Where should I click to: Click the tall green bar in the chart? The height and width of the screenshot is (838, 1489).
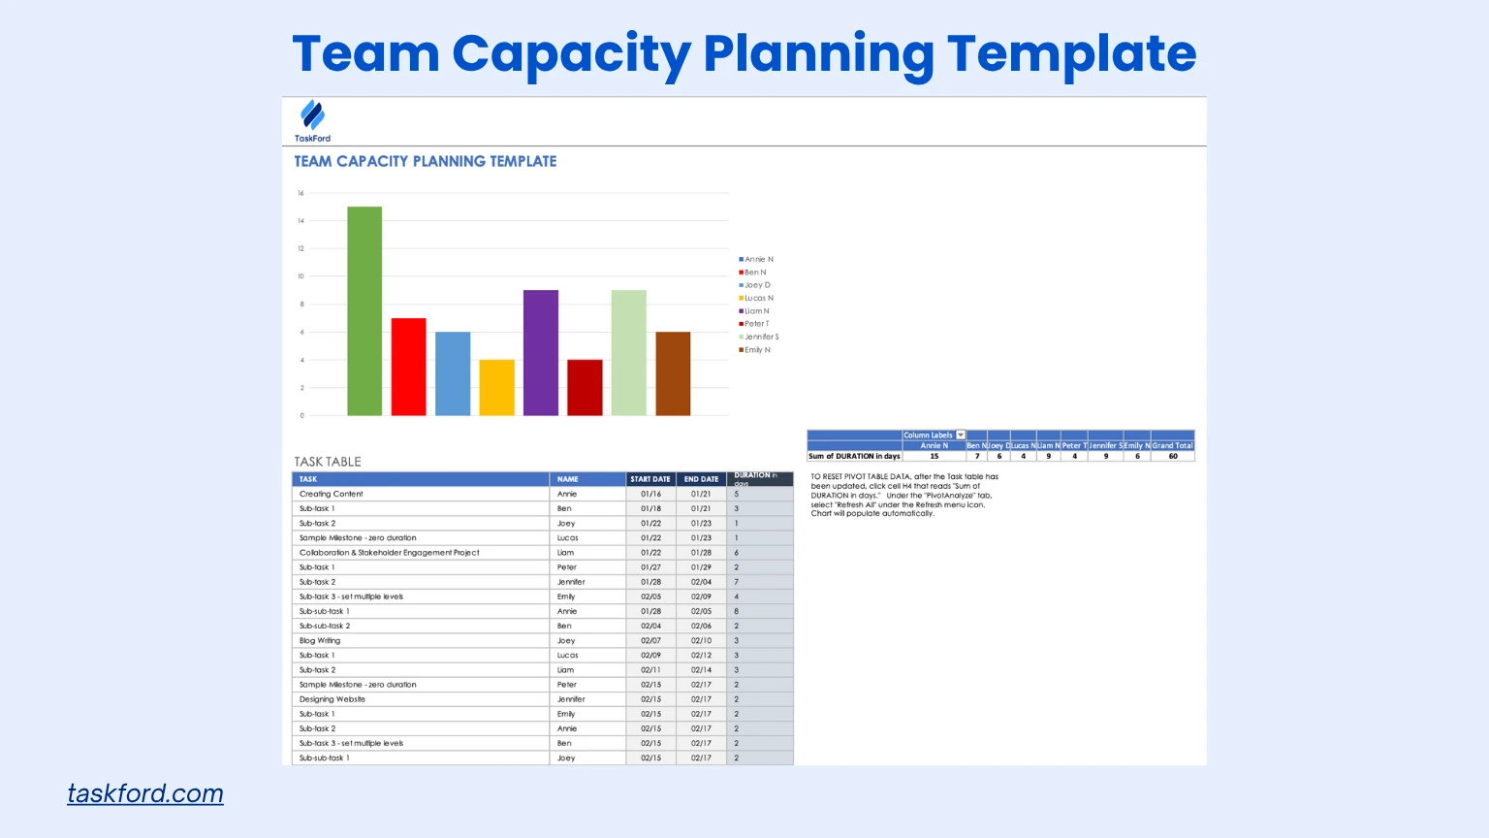[364, 311]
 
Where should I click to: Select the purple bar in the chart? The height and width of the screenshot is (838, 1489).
[541, 353]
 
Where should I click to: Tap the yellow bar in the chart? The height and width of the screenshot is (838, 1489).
[496, 388]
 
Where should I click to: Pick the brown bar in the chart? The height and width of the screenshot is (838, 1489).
[673, 373]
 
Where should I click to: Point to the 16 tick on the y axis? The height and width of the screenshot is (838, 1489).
[301, 193]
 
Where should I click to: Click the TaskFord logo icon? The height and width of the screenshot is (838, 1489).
[312, 115]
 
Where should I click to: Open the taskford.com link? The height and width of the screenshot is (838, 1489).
[145, 793]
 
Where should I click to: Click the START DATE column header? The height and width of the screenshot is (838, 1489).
[650, 479]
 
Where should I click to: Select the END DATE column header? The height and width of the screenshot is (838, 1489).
[701, 479]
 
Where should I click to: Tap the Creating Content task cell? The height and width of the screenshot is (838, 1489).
[332, 494]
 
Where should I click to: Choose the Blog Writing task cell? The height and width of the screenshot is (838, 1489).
[320, 640]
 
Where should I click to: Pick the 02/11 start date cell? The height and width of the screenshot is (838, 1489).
[650, 670]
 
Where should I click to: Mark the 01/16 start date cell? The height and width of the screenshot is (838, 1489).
[650, 494]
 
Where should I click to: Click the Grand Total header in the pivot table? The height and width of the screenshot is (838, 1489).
[1172, 445]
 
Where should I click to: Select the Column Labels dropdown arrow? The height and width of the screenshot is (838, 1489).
[961, 435]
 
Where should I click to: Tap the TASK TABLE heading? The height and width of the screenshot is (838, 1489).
[328, 462]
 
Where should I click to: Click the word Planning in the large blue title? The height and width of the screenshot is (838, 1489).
[818, 53]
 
